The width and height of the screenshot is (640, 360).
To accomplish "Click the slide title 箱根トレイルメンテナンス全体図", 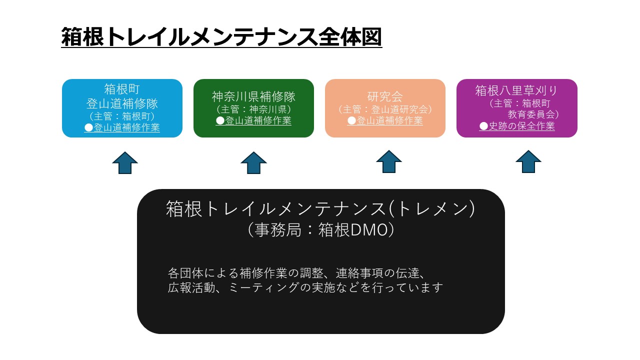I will click(x=221, y=37).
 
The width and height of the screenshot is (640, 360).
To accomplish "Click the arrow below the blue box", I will click(x=125, y=163).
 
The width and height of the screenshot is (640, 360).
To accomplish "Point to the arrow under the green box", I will click(x=253, y=163).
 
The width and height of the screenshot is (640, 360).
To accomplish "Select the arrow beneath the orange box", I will click(x=389, y=162).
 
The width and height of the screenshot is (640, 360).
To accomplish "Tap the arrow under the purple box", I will click(x=528, y=162).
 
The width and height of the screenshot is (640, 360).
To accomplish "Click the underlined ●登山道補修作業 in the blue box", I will click(x=122, y=127).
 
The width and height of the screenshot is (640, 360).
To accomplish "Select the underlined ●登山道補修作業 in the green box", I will click(x=253, y=120).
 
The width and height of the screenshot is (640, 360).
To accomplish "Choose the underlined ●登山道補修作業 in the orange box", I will click(x=385, y=120).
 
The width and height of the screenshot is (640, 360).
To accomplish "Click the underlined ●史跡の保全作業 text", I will click(x=517, y=126).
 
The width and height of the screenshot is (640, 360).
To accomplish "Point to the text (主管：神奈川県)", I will click(x=253, y=109).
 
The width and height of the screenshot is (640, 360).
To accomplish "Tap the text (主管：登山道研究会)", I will click(x=385, y=109).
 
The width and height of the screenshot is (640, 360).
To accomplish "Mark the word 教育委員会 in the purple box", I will click(x=533, y=114).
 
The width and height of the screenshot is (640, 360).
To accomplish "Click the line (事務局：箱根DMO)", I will click(x=320, y=230).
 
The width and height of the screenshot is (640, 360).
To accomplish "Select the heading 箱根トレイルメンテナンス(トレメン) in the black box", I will click(x=320, y=209).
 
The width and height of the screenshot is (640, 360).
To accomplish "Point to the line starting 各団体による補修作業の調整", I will click(x=296, y=273).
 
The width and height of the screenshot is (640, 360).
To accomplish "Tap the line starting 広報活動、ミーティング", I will click(x=305, y=288).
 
